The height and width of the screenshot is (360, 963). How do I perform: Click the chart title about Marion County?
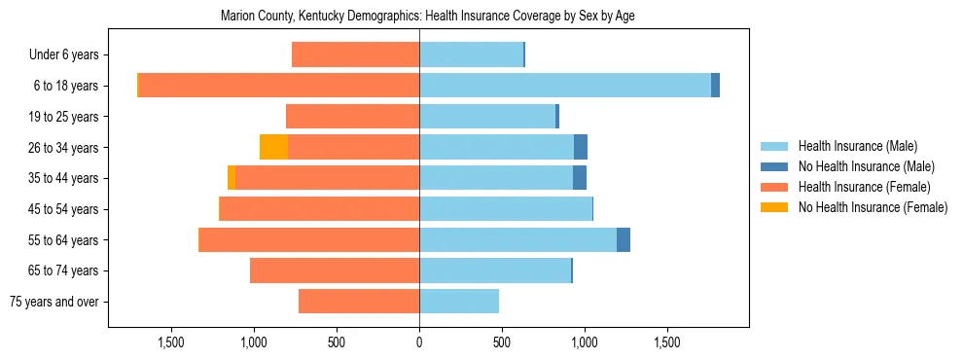point(428,17)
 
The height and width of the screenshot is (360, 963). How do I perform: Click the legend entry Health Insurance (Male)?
point(857,146)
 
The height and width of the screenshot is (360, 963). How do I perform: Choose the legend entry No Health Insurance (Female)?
point(873,207)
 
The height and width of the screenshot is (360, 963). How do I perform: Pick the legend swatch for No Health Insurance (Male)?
point(775,166)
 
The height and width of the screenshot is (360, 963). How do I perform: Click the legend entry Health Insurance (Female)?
point(864,187)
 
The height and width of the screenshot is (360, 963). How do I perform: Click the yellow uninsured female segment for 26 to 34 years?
point(273,148)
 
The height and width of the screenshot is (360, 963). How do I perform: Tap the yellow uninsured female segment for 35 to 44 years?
point(232,178)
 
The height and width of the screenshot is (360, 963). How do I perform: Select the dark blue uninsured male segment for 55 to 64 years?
point(624,239)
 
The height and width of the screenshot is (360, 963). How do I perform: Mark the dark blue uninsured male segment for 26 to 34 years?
point(581,148)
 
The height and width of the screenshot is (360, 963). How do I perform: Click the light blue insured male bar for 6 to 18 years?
point(564,86)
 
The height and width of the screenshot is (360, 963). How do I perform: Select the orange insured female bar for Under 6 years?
point(355,55)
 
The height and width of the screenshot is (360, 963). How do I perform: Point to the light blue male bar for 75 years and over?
point(459,302)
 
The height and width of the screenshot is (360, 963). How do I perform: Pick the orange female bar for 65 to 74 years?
point(335,270)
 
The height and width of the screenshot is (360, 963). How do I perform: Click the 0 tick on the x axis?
point(419,342)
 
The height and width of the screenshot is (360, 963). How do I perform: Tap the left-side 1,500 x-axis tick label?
point(171,342)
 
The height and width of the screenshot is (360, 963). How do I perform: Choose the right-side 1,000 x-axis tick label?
point(585,342)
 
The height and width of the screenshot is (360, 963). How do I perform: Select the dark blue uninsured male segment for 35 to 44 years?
point(580,178)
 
